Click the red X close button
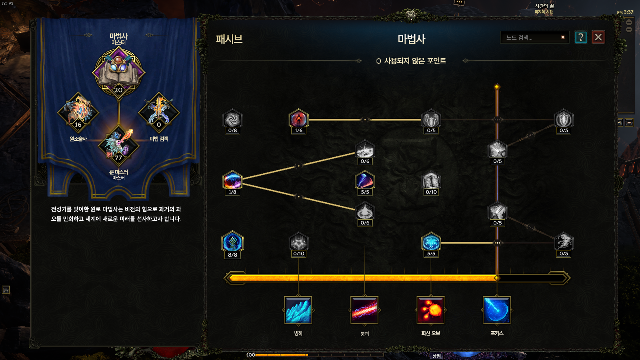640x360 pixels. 598,37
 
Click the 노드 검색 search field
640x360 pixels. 530,37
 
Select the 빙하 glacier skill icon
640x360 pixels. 298,310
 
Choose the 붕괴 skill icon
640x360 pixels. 364,310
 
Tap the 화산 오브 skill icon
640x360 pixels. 431,310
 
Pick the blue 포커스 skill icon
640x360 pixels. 497,310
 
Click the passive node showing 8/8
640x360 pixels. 232,242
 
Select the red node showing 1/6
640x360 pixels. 298,119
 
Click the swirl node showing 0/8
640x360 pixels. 232,119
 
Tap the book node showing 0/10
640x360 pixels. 431,181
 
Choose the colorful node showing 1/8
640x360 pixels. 232,181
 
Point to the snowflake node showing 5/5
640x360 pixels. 431,242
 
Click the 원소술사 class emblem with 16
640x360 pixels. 78,112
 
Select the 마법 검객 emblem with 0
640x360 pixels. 159,112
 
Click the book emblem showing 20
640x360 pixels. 118,72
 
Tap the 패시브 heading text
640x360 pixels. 229,39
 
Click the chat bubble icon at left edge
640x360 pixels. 6,289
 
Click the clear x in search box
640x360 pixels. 563,37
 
